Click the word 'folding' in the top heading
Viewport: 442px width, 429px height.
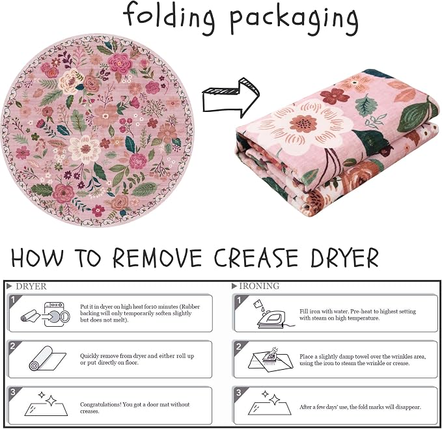pyautogui.click(x=169, y=18)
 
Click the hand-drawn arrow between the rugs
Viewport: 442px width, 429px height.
pyautogui.click(x=231, y=98)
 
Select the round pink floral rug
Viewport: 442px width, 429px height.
pyautogui.click(x=97, y=131)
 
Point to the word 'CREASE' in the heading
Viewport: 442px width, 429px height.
pyautogui.click(x=256, y=258)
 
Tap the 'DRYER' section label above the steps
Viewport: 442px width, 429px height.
pyautogui.click(x=27, y=286)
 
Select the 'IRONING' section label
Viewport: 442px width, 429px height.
pyautogui.click(x=255, y=286)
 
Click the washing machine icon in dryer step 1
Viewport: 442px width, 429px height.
pyautogui.click(x=57, y=314)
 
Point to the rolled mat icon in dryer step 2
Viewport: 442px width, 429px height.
pyautogui.click(x=48, y=359)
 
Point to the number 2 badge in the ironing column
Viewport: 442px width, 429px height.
pyautogui.click(x=239, y=346)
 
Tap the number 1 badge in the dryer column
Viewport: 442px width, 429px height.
pyautogui.click(x=13, y=300)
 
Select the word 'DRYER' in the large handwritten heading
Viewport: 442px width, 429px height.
pyautogui.click(x=344, y=258)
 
